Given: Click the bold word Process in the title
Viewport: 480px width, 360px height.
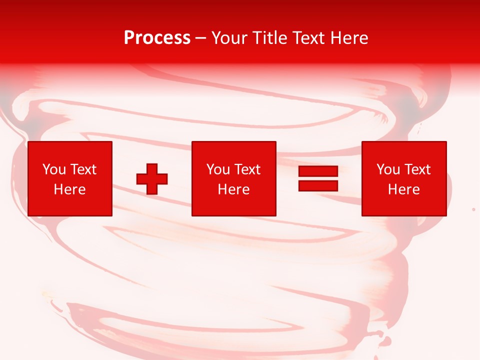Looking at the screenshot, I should (157, 38).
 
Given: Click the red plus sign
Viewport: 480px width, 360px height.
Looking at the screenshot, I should (152, 179).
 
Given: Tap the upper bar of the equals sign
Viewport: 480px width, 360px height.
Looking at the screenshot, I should (318, 171).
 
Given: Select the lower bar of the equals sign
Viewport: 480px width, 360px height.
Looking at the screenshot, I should (318, 185).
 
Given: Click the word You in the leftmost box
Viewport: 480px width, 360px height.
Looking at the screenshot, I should (53, 169).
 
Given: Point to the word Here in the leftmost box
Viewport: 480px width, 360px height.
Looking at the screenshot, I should (70, 189).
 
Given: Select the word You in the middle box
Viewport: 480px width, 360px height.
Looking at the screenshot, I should (217, 169).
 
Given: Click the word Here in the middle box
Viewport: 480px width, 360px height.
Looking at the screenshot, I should (234, 189).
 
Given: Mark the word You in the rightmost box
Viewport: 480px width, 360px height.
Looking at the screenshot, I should (387, 169).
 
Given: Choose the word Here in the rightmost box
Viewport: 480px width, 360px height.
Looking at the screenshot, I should (404, 189).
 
